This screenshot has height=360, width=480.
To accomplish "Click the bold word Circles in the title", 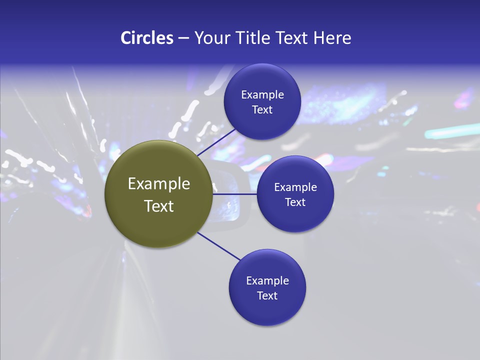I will tap(147, 38).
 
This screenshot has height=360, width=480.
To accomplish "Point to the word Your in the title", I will tap(212, 38).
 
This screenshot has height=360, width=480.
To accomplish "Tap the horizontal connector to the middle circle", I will tap(235, 194).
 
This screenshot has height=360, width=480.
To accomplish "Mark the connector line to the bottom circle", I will tap(219, 246).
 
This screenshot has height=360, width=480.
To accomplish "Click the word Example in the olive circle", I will tap(159, 184).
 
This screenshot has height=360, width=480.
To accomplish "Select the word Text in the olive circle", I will tap(159, 206).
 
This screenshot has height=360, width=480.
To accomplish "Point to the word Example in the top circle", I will tap(262, 94).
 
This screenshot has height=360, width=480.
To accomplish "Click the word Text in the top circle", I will tap(262, 109).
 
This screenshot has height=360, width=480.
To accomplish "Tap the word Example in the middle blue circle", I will tap(295, 187).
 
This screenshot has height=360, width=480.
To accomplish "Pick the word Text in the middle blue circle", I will tap(295, 202).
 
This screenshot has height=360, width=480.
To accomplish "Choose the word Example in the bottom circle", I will tap(267, 280).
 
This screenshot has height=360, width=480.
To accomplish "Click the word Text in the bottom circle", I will tap(267, 295).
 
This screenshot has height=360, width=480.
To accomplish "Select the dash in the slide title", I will tap(183, 38).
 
